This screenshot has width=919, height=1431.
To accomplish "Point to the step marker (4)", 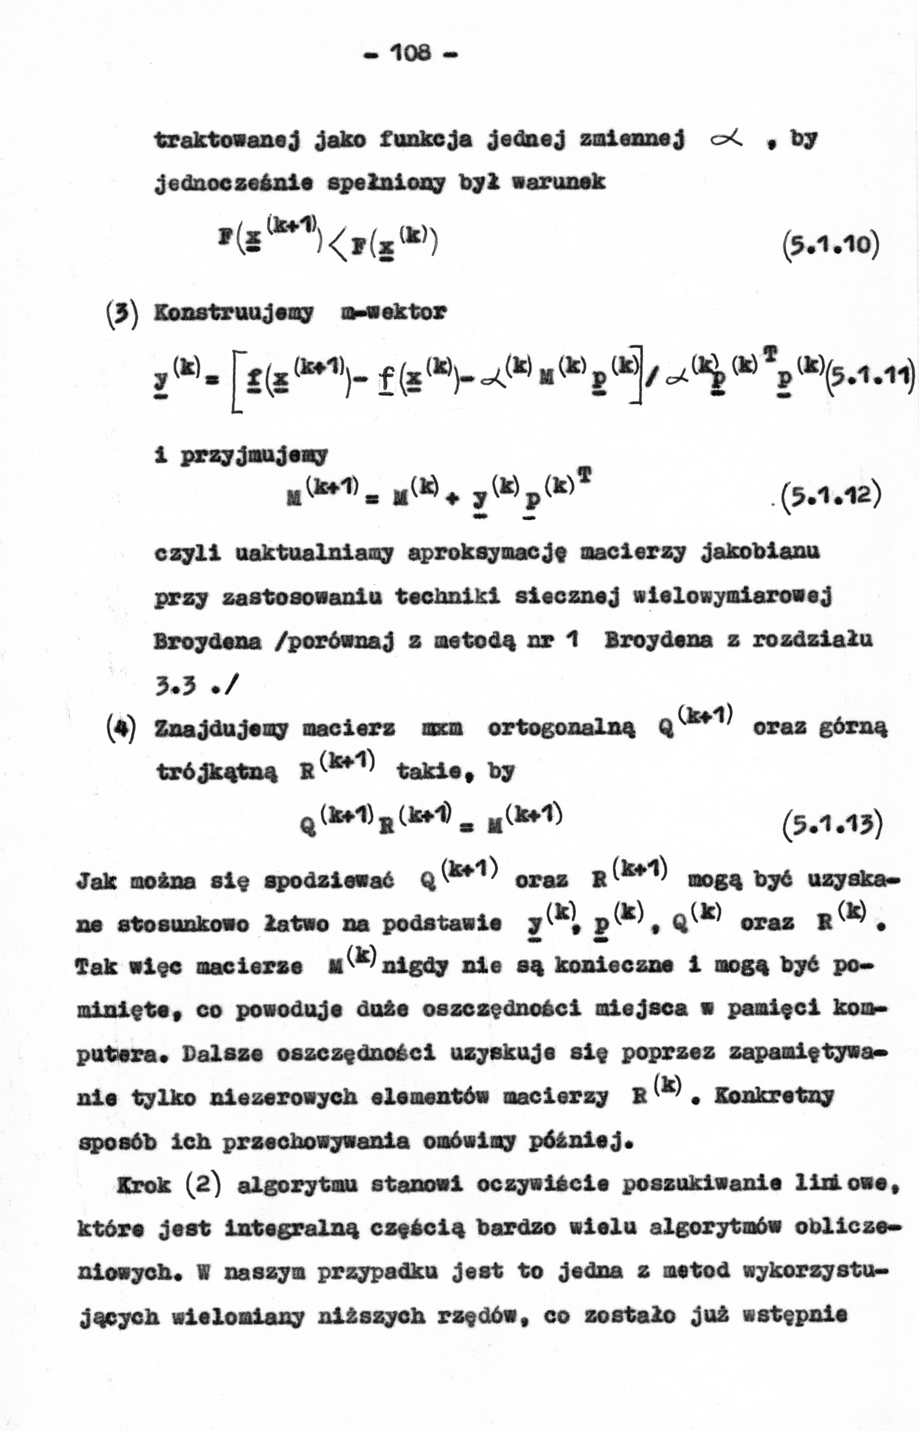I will pos(126,727).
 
